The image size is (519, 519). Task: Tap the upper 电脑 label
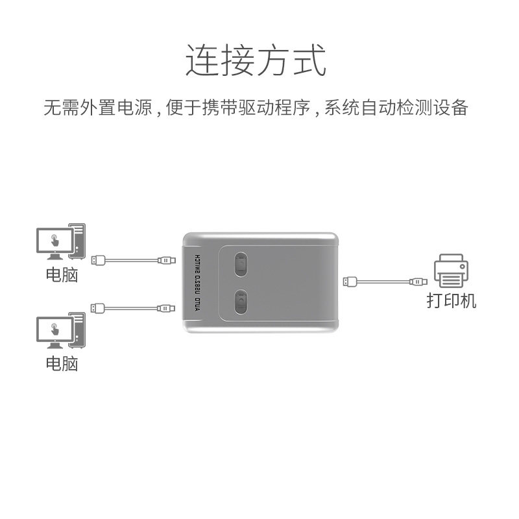pos(62,274)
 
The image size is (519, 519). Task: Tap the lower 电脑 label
pos(62,363)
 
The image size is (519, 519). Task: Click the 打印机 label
pos(451,301)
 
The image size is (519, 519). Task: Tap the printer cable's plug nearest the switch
pos(348,282)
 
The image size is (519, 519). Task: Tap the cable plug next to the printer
pos(418,282)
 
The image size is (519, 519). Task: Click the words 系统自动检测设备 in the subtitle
pos(396,108)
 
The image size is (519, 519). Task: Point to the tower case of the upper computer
pos(77,240)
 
